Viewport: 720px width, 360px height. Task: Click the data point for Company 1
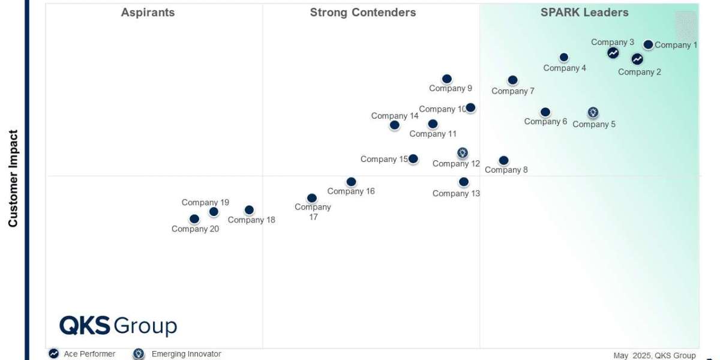click(648, 44)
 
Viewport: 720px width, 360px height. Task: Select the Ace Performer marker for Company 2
click(637, 59)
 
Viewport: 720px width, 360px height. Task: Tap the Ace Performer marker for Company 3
click(613, 53)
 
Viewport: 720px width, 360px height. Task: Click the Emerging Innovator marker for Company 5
click(593, 112)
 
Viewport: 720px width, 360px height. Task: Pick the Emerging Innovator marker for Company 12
click(462, 153)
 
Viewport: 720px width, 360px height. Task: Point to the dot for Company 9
click(447, 79)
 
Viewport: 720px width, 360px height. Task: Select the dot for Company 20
click(194, 219)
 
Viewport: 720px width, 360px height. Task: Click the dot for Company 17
click(312, 198)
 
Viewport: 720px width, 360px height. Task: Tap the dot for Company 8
click(504, 160)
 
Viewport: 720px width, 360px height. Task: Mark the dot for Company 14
click(394, 125)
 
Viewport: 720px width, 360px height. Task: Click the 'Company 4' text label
click(565, 68)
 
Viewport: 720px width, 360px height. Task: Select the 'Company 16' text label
click(351, 191)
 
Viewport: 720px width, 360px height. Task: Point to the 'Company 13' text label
click(456, 193)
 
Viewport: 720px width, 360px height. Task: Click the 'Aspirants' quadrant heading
click(148, 13)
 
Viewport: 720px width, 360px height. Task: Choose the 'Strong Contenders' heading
click(362, 13)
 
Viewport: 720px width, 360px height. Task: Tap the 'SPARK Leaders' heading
click(584, 13)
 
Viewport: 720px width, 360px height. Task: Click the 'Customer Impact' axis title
click(13, 178)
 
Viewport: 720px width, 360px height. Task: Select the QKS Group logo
click(118, 326)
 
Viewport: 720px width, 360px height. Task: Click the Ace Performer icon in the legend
click(54, 354)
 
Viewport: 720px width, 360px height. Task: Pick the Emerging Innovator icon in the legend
click(139, 354)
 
